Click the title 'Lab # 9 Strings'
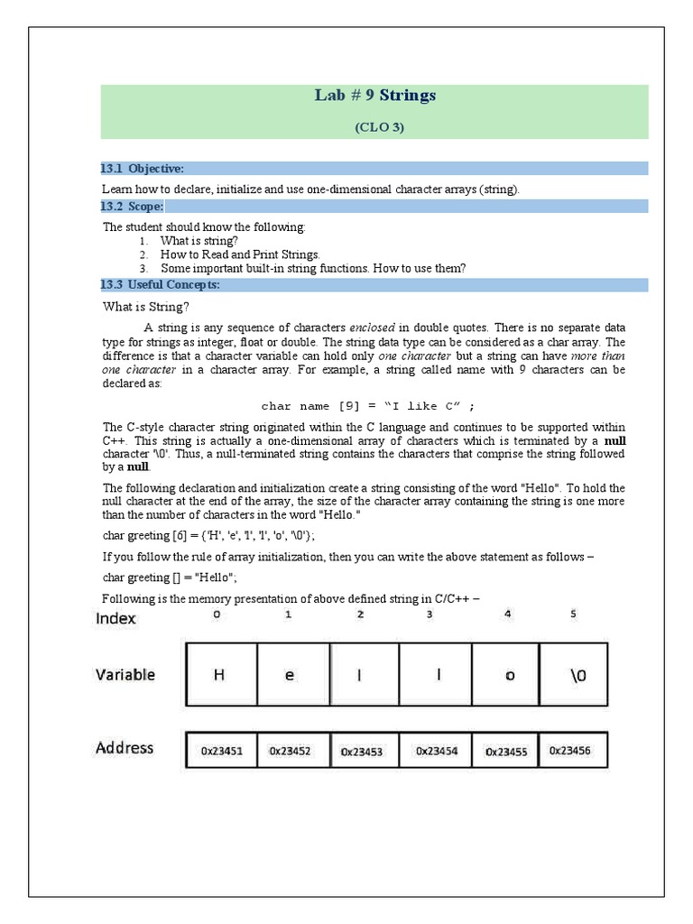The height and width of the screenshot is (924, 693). pyautogui.click(x=374, y=96)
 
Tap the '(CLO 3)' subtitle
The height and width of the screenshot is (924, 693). pyautogui.click(x=379, y=127)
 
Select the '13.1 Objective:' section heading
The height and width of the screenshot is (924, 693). pyautogui.click(x=143, y=169)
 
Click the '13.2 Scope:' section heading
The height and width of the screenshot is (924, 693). pyautogui.click(x=132, y=207)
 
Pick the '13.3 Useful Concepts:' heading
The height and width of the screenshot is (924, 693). pyautogui.click(x=160, y=285)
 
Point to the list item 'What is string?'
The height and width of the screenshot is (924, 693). pyautogui.click(x=199, y=241)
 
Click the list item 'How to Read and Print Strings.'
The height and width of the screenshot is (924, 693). pyautogui.click(x=240, y=254)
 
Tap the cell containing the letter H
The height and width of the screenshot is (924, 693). pyautogui.click(x=220, y=674)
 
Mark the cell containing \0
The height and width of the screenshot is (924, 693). pyautogui.click(x=573, y=674)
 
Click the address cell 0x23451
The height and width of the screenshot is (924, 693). pyautogui.click(x=221, y=750)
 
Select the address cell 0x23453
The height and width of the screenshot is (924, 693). pyautogui.click(x=362, y=750)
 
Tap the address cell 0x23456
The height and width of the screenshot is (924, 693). pyautogui.click(x=573, y=750)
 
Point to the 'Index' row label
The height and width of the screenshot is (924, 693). pyautogui.click(x=115, y=618)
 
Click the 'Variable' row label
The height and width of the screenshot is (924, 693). pyautogui.click(x=125, y=674)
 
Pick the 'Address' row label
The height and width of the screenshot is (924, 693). pyautogui.click(x=125, y=747)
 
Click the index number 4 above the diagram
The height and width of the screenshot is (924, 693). pyautogui.click(x=509, y=614)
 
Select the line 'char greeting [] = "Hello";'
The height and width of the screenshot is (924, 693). pyautogui.click(x=170, y=577)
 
